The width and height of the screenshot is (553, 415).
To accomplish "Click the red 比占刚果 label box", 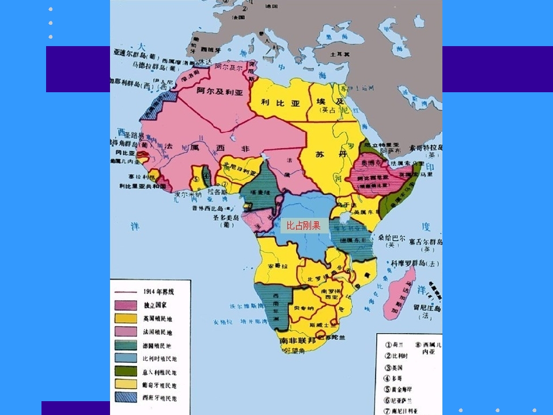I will coord(304,225).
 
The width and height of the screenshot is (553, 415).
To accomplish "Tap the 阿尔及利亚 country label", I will coord(220,91).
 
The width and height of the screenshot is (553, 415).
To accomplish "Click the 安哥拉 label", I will coord(278,266).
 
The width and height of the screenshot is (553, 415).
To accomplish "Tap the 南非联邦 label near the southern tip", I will coord(297,341).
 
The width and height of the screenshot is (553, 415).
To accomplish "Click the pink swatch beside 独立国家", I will coord(125,305).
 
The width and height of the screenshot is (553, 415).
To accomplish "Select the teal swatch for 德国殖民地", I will coord(125,345).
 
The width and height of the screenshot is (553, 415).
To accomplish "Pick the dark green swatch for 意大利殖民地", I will coord(125,372).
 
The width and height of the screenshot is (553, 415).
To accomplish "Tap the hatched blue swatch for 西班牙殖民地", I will coord(125,397).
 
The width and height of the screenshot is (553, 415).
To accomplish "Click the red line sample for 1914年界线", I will coord(125,292).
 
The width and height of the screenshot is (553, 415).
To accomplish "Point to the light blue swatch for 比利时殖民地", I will coord(125,358).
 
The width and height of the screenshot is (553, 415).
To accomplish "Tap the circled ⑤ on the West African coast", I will coord(196,179).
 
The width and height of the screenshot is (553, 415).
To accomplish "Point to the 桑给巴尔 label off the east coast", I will coord(392,237).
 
